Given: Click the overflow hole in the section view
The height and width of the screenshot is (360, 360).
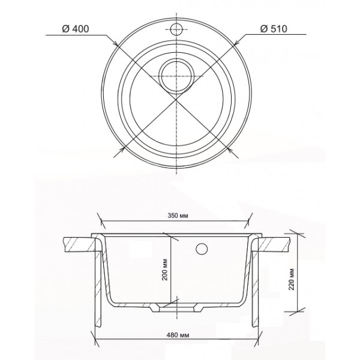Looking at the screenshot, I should pyautogui.click(x=203, y=248).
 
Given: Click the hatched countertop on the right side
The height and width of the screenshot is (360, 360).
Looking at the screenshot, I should pyautogui.click(x=276, y=244).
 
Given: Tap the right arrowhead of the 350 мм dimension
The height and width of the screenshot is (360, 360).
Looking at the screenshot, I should pyautogui.click(x=252, y=217).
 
